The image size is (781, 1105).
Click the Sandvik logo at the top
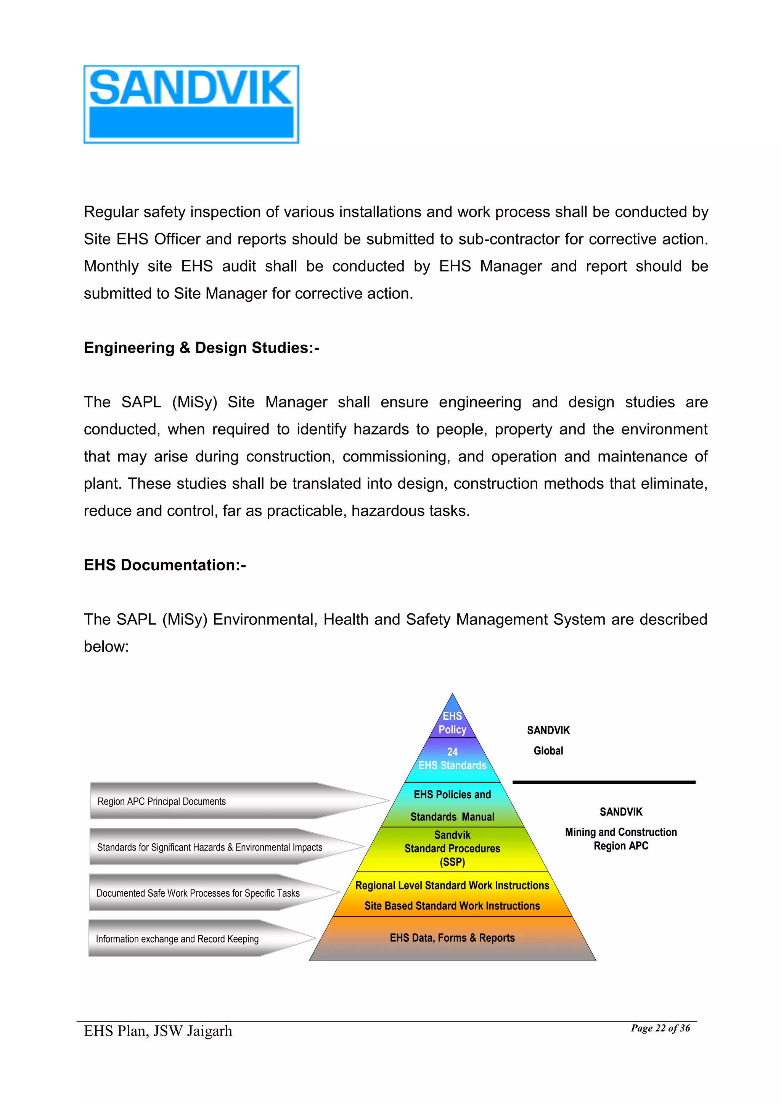191,105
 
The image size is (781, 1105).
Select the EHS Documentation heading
165,565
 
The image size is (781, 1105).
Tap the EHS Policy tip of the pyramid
452,722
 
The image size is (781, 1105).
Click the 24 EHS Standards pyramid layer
452,759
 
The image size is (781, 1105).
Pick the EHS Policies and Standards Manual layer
452,805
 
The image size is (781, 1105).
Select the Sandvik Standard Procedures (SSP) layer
452,848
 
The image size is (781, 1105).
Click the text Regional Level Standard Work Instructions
452,886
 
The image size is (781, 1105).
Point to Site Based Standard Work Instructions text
452,906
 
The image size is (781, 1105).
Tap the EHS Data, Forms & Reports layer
452,938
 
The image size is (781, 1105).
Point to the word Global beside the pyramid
548,751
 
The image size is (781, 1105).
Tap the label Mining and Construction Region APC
621,839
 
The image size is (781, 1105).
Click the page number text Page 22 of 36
660,1028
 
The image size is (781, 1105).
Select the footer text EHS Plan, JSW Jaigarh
158,1031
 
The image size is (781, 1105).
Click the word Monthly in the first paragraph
111,266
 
